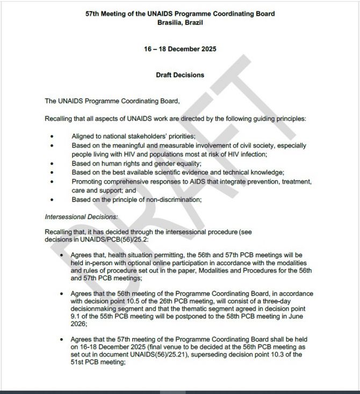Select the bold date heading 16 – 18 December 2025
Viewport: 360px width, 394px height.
coord(180,49)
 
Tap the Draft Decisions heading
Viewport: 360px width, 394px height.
coord(180,75)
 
